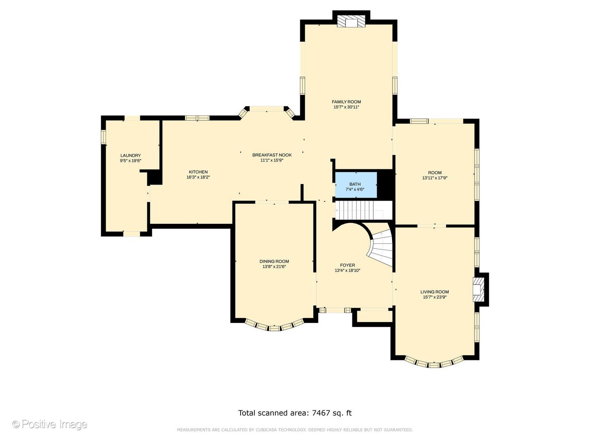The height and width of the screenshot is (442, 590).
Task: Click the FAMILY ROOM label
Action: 346,102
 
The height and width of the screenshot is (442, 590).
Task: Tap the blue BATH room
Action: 356,185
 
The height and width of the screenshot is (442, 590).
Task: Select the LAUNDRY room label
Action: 130,156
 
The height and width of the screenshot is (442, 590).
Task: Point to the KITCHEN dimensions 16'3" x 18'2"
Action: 198,177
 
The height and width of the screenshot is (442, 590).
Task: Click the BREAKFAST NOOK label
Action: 272,155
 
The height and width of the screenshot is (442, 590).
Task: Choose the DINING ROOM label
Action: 274,261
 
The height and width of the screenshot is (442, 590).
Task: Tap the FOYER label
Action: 347,265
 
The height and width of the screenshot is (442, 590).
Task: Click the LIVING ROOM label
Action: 435,292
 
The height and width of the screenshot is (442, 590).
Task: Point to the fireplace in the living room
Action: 479,290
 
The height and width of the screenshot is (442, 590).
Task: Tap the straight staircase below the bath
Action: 363,211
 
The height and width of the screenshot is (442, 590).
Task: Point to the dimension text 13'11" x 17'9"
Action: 435,178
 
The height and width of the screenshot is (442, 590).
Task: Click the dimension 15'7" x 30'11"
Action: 346,107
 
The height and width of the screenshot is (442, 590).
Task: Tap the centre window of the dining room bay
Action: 274,328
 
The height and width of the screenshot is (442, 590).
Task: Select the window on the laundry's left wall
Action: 104,137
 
